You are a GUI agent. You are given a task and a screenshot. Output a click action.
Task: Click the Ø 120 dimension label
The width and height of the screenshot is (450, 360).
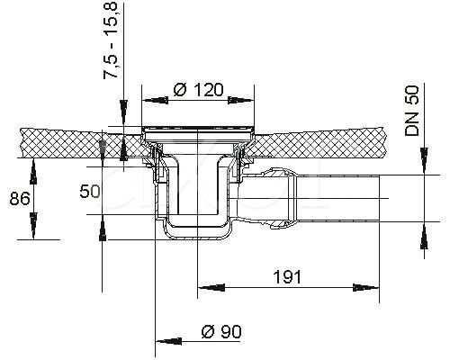tap(199, 90)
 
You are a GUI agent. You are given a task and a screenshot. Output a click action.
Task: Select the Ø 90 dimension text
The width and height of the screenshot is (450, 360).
tap(221, 331)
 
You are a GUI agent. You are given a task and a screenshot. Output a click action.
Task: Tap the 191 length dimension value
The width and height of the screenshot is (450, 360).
tap(287, 276)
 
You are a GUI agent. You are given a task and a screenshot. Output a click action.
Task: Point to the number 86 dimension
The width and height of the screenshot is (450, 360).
tap(20, 199)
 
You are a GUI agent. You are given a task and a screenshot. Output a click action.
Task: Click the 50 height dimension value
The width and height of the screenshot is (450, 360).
tap(90, 192)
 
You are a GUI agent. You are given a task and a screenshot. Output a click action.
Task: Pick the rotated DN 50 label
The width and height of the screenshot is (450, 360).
tap(411, 111)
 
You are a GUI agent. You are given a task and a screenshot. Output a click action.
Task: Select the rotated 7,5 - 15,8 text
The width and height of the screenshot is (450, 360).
tap(111, 40)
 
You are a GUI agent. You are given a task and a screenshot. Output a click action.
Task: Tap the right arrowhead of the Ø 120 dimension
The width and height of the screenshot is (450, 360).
tap(241, 101)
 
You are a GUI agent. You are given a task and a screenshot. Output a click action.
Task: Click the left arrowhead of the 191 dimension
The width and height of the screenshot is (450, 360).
tap(211, 287)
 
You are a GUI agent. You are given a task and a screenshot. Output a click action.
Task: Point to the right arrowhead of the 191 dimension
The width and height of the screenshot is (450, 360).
tap(366, 287)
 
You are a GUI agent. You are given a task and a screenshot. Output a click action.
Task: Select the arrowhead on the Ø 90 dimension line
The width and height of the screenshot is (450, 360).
tap(168, 341)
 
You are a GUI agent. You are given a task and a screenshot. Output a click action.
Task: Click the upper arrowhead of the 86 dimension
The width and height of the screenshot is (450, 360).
tap(33, 171)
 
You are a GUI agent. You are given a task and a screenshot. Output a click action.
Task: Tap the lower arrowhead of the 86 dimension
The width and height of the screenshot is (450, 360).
tap(33, 226)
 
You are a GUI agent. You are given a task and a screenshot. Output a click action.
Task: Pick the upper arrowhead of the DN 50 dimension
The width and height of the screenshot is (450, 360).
tap(424, 161)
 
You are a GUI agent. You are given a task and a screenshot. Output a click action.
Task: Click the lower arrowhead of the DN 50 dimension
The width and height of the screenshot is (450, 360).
tap(424, 236)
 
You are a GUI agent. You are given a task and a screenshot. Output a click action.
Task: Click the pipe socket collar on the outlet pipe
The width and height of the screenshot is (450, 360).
tap(278, 198)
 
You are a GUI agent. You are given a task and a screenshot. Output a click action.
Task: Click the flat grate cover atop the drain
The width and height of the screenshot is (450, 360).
tap(198, 128)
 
